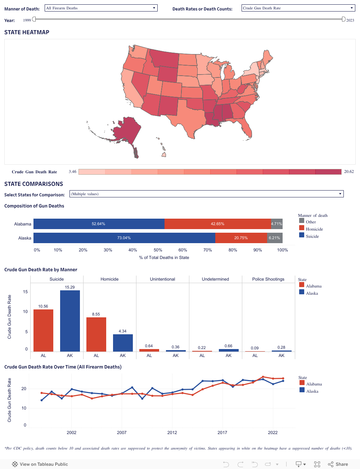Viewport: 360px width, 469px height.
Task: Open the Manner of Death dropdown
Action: click(101, 8)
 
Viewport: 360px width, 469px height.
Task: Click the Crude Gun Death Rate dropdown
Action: click(298, 8)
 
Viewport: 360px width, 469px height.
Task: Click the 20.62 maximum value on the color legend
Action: click(349, 171)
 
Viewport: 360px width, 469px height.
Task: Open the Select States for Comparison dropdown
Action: click(206, 194)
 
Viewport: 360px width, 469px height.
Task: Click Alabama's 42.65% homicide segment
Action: click(217, 224)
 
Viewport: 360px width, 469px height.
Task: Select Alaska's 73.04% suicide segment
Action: click(124, 238)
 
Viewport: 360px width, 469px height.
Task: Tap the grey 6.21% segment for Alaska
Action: click(275, 238)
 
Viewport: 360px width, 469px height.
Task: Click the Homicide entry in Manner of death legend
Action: click(314, 229)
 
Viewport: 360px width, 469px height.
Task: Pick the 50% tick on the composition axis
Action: click(158, 250)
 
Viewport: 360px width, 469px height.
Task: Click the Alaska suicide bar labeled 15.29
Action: click(70, 321)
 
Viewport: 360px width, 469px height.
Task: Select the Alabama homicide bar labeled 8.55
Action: click(96, 334)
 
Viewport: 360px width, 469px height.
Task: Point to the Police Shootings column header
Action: click(268, 279)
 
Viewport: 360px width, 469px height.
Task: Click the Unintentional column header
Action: click(162, 279)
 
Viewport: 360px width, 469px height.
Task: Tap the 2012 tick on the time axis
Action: click(172, 432)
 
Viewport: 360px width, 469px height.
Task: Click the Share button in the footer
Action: click(338, 464)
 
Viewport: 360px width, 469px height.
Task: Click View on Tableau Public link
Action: click(40, 464)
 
